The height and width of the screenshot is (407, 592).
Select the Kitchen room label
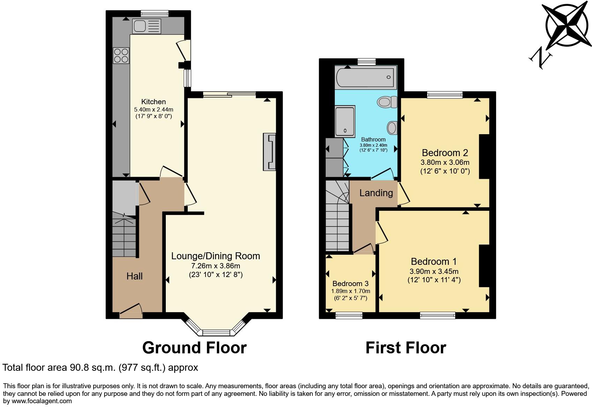(x=153, y=102)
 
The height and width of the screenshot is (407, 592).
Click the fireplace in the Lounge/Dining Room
(x=269, y=152)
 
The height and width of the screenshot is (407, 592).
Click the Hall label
(x=134, y=276)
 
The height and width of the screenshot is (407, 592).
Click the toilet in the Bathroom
(x=387, y=102)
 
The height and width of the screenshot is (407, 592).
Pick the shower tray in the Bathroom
(x=345, y=121)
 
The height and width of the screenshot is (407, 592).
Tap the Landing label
(x=376, y=193)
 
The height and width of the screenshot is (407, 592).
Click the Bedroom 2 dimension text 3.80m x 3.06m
(x=445, y=162)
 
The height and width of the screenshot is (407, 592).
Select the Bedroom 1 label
(x=434, y=261)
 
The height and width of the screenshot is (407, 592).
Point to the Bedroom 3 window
(x=349, y=315)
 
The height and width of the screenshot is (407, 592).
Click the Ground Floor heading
(x=194, y=348)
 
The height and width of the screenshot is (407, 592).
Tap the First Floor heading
(x=406, y=348)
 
